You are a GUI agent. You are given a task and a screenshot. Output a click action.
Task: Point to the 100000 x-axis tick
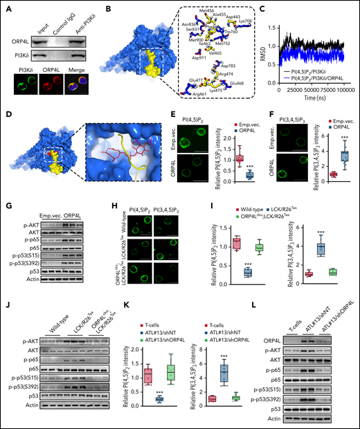point(344,111)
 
